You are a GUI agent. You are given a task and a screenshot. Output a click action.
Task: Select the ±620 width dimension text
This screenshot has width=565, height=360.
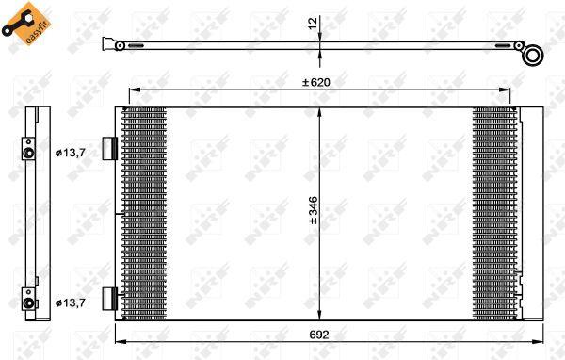pyautogui.click(x=316, y=83)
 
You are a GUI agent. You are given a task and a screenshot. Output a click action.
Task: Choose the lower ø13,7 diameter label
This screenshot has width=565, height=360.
pyautogui.click(x=73, y=302)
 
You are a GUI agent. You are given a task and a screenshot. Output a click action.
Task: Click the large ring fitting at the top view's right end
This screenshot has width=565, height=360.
pyautogui.click(x=534, y=54)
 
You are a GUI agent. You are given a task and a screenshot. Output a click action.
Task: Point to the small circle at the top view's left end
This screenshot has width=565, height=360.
pyautogui.click(x=120, y=44)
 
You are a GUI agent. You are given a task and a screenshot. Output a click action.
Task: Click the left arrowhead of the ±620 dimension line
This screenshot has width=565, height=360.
pyautogui.click(x=131, y=90)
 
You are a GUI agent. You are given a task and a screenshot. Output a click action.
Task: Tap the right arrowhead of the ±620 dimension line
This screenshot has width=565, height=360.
pyautogui.click(x=511, y=90)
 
